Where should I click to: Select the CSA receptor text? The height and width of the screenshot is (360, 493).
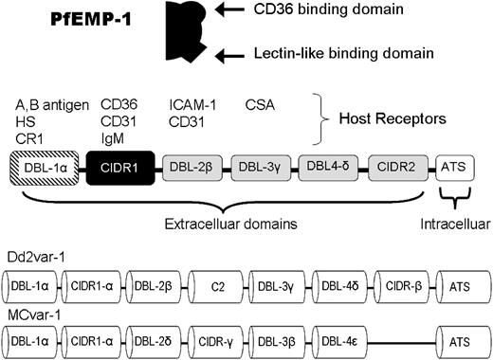tap(262, 103)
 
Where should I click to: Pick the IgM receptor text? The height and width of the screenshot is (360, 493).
tap(113, 137)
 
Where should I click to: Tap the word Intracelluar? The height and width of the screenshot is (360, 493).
tap(453, 227)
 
